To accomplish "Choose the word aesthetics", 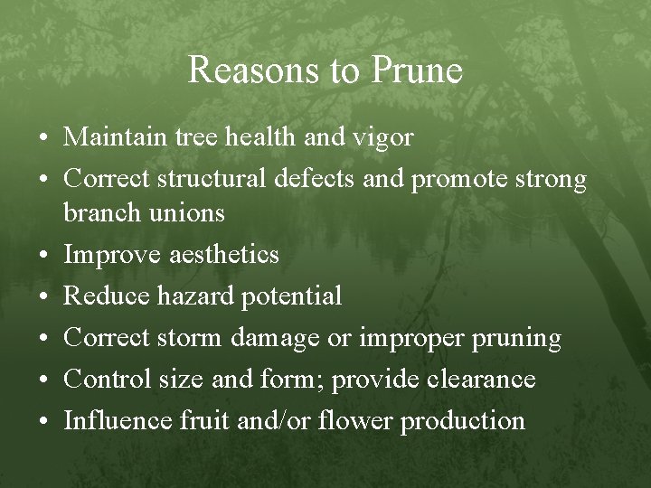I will coord(224,255).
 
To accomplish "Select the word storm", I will coord(190,338).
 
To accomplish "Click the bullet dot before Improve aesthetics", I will coord(44,256).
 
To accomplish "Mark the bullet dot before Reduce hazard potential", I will coord(44,296).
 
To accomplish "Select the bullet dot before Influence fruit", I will coord(44,421).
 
